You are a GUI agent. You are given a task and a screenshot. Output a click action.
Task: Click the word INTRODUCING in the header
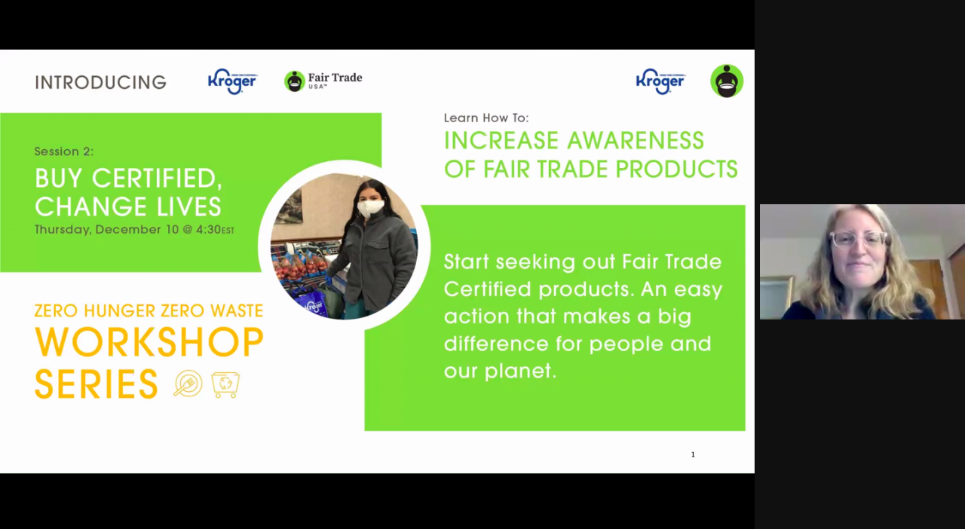click(x=100, y=82)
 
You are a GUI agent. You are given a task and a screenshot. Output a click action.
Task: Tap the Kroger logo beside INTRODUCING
click(x=232, y=81)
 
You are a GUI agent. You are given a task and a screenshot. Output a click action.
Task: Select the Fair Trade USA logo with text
click(x=323, y=81)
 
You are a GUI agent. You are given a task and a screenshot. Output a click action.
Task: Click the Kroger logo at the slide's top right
click(x=660, y=81)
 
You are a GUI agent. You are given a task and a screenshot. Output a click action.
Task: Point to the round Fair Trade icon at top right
click(x=727, y=81)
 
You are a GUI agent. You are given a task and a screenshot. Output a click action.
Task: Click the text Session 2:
click(x=64, y=151)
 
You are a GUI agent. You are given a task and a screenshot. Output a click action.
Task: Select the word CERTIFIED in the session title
click(x=157, y=178)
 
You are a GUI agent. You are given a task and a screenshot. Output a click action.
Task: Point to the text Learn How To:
click(x=486, y=118)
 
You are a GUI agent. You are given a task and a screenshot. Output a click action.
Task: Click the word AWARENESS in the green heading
click(x=636, y=140)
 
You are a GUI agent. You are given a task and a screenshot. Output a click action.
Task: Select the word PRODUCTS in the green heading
click(x=677, y=169)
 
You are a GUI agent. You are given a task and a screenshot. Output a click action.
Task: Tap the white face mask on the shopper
click(x=370, y=209)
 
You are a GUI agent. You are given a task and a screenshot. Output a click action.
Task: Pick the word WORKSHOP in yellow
click(x=149, y=342)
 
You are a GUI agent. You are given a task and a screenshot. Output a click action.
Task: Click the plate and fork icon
click(x=188, y=384)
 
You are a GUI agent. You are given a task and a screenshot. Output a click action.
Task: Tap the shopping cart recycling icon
click(x=225, y=384)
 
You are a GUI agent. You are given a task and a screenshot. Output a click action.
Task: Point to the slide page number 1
click(x=693, y=454)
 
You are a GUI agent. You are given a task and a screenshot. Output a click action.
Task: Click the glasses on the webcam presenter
click(x=859, y=239)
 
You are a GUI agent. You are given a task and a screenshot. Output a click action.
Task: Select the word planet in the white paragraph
click(x=520, y=372)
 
